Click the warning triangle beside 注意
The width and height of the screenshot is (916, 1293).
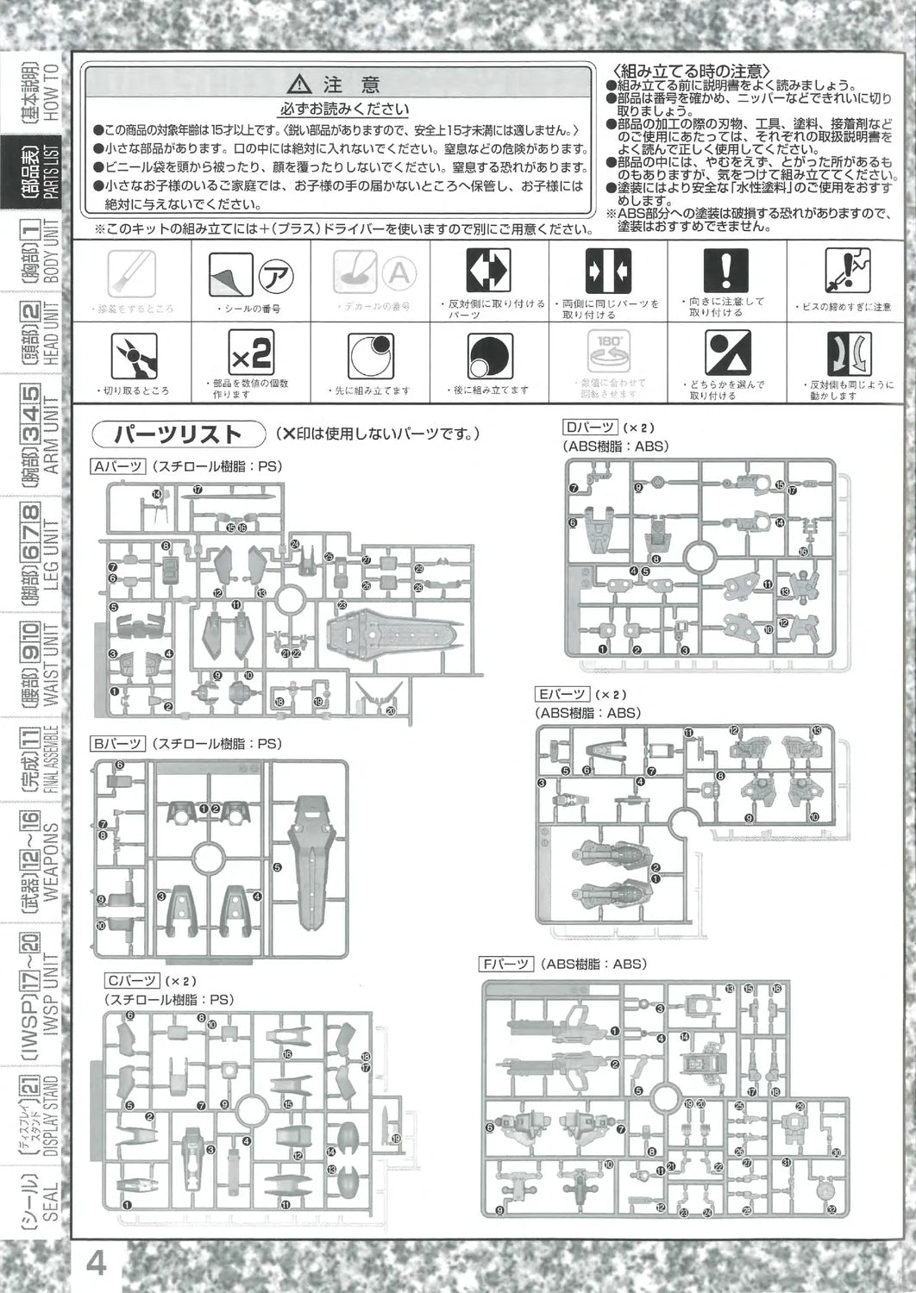click(300, 84)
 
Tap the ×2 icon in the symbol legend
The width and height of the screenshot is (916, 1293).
click(251, 353)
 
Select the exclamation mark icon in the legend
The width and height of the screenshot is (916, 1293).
click(726, 270)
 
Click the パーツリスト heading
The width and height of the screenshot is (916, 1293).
click(179, 434)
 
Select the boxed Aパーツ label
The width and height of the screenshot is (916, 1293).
click(117, 466)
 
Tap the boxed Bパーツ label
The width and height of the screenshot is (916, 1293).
click(117, 743)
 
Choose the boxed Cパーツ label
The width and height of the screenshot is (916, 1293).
click(131, 981)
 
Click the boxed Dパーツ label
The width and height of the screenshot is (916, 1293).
click(590, 428)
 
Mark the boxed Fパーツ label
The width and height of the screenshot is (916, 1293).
click(509, 964)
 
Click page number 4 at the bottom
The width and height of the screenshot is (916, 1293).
click(97, 1265)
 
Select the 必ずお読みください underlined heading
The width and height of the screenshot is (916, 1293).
click(342, 109)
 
